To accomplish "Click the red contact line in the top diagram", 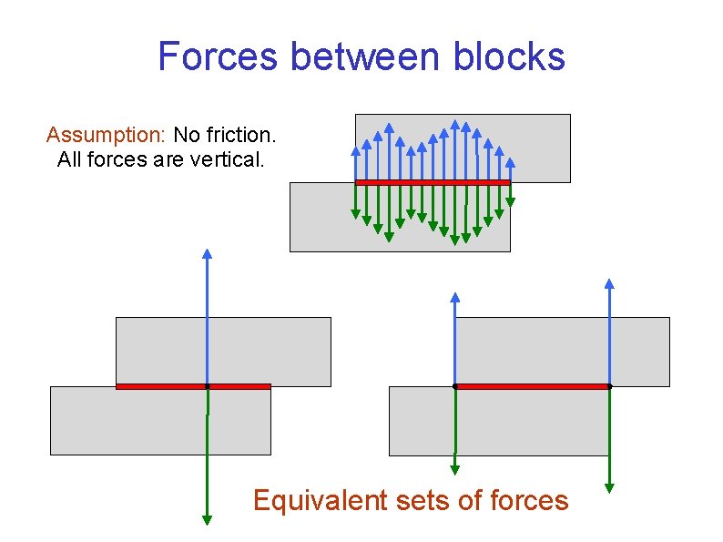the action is click(433, 182).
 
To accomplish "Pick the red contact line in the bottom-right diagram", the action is click(532, 386).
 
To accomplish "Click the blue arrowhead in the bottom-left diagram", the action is click(208, 254).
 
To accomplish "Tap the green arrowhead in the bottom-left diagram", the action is click(208, 519).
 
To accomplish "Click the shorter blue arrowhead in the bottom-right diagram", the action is click(455, 297).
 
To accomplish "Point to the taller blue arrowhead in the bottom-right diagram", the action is click(609, 283).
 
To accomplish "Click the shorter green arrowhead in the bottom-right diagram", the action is click(455, 469).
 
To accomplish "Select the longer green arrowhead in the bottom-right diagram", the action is click(609, 487).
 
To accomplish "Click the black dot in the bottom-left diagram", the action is click(208, 386).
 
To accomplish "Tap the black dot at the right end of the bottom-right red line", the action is click(609, 386).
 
